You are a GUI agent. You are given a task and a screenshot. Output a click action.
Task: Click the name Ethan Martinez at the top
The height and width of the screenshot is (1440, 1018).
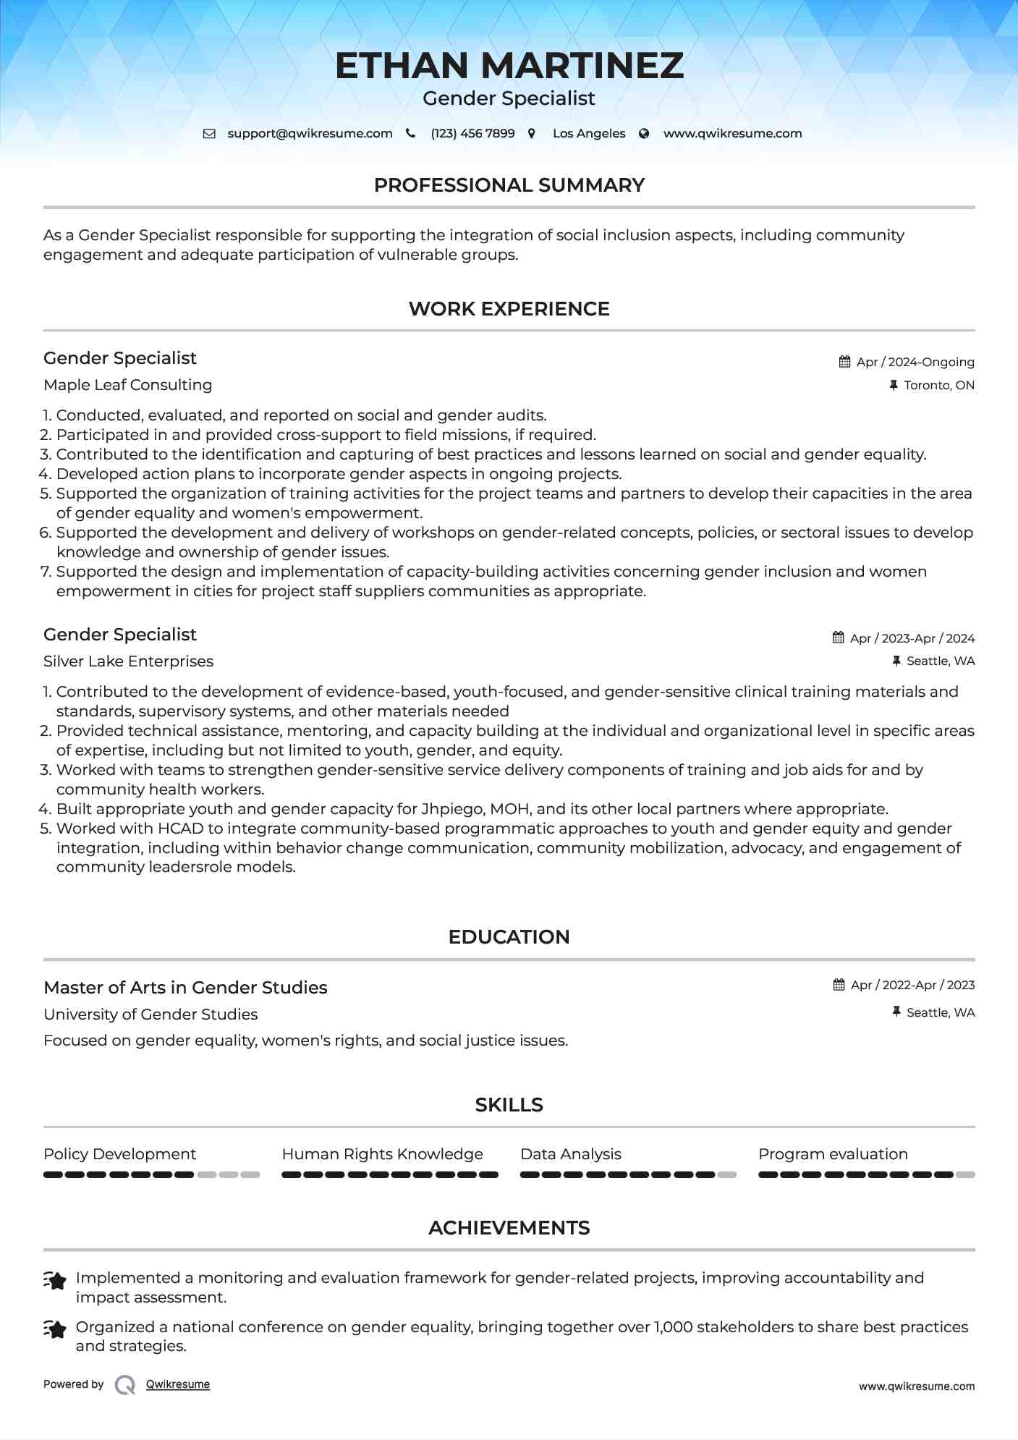[x=509, y=66]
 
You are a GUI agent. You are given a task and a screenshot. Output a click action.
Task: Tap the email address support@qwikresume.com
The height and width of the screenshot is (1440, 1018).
[x=310, y=133]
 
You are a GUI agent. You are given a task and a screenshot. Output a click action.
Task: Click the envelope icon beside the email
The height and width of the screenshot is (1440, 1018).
[x=209, y=133]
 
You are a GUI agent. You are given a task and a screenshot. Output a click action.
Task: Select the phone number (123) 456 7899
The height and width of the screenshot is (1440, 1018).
[x=472, y=133]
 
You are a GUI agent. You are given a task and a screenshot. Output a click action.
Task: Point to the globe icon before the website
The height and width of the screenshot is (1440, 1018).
[x=644, y=133]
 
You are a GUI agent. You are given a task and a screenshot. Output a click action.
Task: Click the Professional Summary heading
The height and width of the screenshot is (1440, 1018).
[x=509, y=185]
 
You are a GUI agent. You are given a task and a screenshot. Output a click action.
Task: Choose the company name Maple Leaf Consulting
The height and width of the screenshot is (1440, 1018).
[x=127, y=385]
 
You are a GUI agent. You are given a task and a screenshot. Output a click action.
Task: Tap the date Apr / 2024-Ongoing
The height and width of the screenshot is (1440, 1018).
[x=915, y=362]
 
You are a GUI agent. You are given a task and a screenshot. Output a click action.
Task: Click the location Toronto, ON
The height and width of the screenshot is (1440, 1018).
[x=938, y=385]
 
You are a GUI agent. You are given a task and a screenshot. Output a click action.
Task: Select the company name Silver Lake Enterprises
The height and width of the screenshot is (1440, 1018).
[x=128, y=661]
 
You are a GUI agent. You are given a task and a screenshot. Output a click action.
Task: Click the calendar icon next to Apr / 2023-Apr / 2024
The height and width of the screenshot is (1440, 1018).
[x=839, y=638]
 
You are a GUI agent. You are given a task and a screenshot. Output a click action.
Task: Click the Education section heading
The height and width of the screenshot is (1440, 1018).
[x=509, y=937]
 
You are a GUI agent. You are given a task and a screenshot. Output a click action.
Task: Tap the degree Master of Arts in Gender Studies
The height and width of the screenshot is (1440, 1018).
[x=185, y=988]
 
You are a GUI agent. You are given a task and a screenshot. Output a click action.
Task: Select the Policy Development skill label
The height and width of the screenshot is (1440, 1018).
[x=119, y=1154]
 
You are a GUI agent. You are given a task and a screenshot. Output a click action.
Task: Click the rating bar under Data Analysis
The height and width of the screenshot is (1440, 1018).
[x=628, y=1174]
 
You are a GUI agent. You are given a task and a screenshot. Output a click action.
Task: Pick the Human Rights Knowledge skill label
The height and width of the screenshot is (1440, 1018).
[x=382, y=1154]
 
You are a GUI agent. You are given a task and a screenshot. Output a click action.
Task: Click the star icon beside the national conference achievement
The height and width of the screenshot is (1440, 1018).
[x=55, y=1329]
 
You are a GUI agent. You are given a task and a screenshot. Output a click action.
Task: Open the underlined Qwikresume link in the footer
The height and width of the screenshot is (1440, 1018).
[x=178, y=1384]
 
